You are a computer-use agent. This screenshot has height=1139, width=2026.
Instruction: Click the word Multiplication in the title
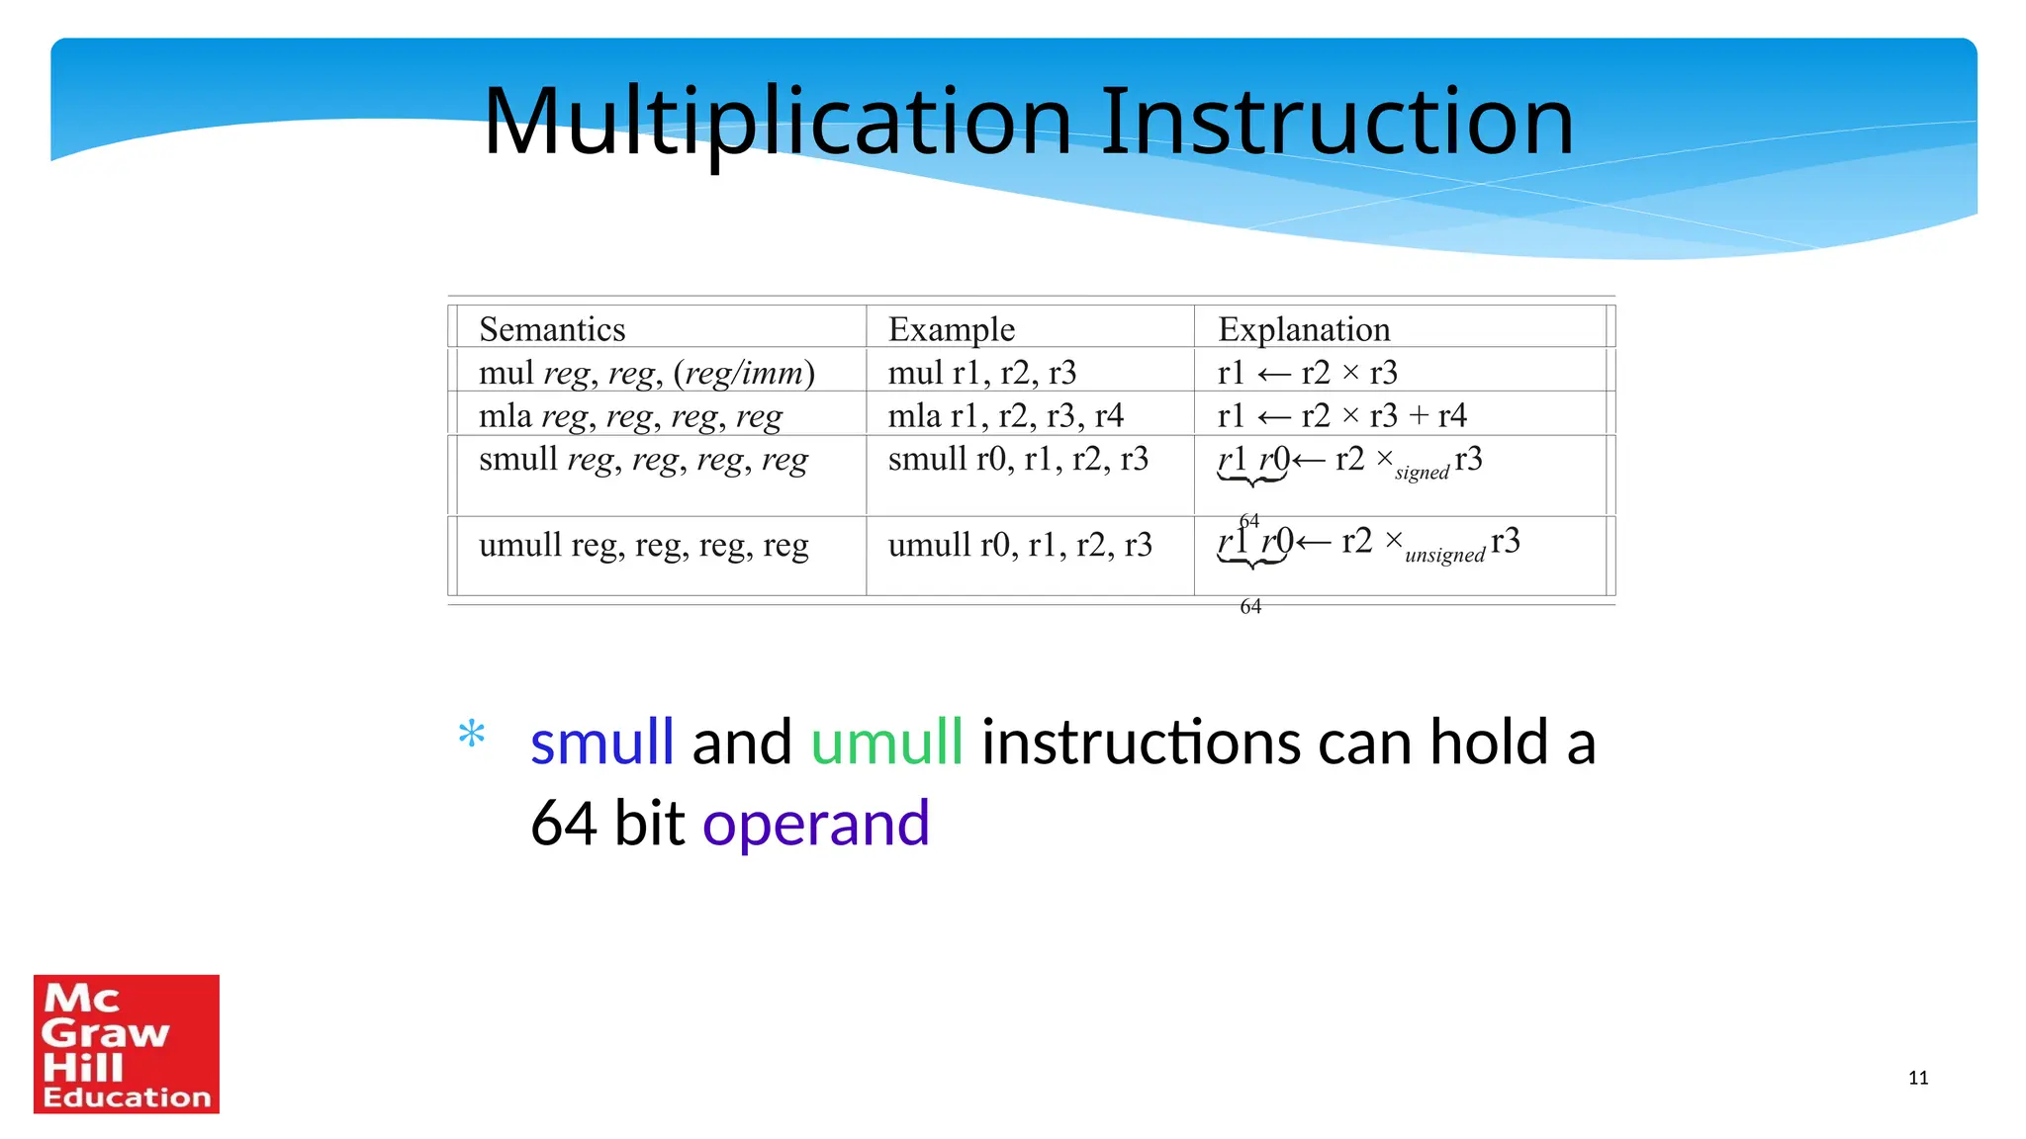pyautogui.click(x=777, y=123)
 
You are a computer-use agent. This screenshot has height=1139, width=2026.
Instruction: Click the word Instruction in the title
pyautogui.click(x=1335, y=123)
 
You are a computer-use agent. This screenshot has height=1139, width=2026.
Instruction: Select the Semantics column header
pyautogui.click(x=552, y=329)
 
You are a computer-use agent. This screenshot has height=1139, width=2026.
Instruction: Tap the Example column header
pyautogui.click(x=951, y=329)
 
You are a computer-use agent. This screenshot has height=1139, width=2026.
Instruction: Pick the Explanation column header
pyautogui.click(x=1303, y=329)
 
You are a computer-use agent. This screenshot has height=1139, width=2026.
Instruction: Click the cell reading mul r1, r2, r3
pyautogui.click(x=981, y=373)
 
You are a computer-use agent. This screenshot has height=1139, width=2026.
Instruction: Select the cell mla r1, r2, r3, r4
pyautogui.click(x=1005, y=416)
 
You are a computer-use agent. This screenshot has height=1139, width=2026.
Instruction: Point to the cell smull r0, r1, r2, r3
pyautogui.click(x=1018, y=459)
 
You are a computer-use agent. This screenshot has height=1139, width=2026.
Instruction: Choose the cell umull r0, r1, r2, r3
pyautogui.click(x=1020, y=545)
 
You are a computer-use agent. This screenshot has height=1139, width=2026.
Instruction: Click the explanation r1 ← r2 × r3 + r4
pyautogui.click(x=1341, y=416)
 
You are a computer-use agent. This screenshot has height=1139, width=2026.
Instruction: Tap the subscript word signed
pyautogui.click(x=1422, y=473)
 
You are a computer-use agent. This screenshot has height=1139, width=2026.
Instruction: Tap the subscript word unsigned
pyautogui.click(x=1444, y=555)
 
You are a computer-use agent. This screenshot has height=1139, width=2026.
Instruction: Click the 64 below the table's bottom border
pyautogui.click(x=1250, y=606)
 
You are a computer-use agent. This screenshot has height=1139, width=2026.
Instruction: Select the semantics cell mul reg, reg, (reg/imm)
pyautogui.click(x=646, y=373)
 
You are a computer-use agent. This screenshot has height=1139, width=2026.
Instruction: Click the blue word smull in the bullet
pyautogui.click(x=601, y=743)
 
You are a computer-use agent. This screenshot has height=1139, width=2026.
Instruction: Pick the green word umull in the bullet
pyautogui.click(x=886, y=743)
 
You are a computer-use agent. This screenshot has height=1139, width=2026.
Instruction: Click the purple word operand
pyautogui.click(x=816, y=824)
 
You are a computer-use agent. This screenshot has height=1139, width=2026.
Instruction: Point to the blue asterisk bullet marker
pyautogui.click(x=472, y=736)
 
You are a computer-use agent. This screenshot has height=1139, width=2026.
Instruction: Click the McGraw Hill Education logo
pyautogui.click(x=127, y=1044)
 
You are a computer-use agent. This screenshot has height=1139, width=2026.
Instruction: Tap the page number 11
pyautogui.click(x=1917, y=1078)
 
